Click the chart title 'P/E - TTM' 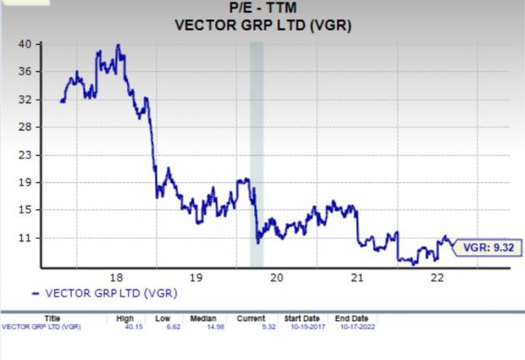pyautogui.click(x=262, y=9)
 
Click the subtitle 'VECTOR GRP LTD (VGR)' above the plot pyautogui.click(x=262, y=25)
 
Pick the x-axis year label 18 pyautogui.click(x=116, y=277)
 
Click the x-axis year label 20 pyautogui.click(x=276, y=277)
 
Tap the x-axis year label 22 pyautogui.click(x=437, y=277)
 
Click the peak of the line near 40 pyautogui.click(x=118, y=45)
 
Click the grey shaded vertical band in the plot pyautogui.click(x=257, y=152)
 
